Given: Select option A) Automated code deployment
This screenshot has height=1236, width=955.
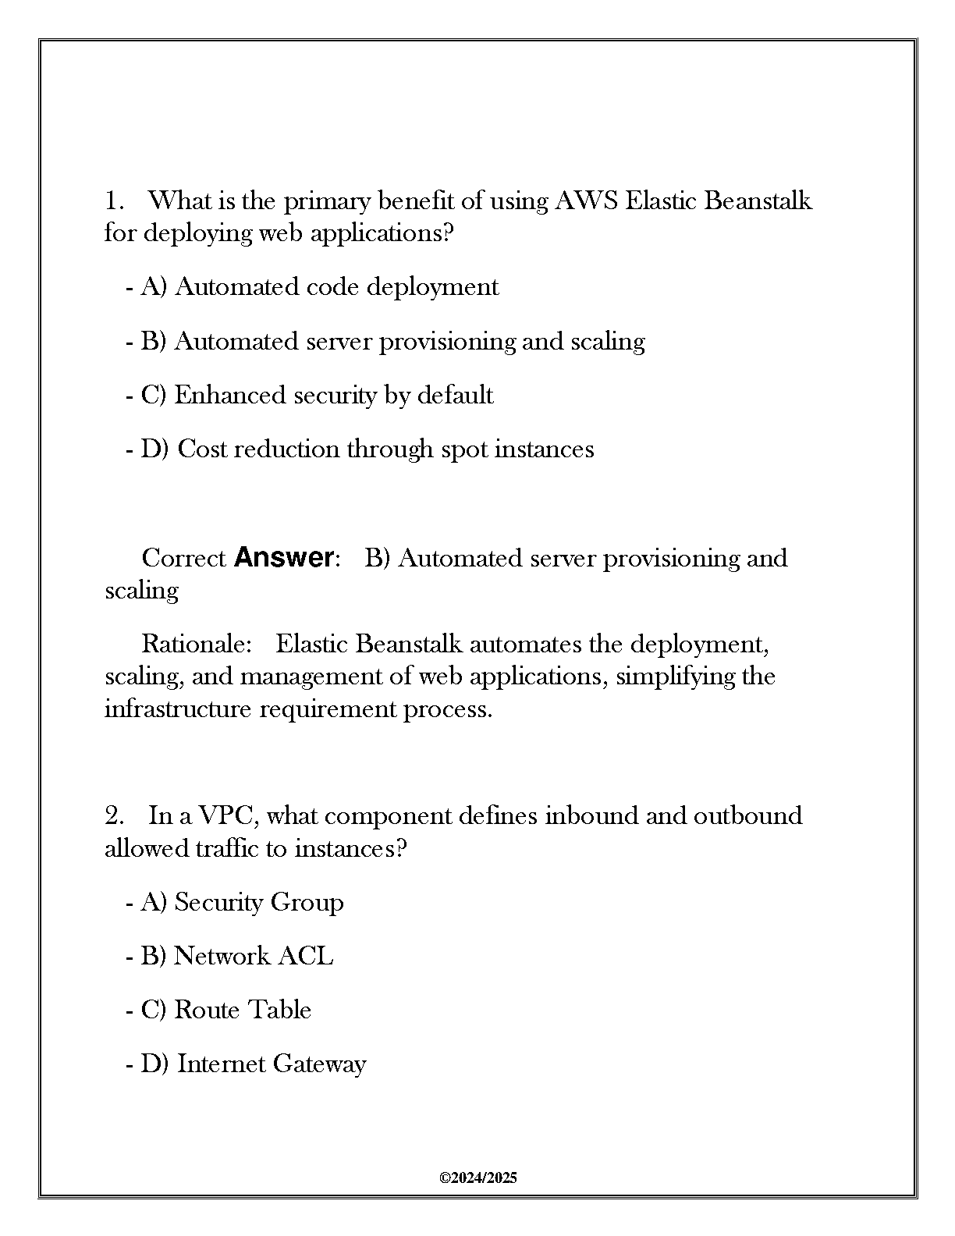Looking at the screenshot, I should [x=319, y=287].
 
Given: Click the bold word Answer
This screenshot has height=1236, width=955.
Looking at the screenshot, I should [x=284, y=558].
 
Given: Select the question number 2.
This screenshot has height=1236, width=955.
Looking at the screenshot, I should [x=115, y=816].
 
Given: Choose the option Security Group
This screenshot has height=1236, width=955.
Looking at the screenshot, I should [x=242, y=902].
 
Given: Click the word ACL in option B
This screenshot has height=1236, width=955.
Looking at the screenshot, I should [x=306, y=956].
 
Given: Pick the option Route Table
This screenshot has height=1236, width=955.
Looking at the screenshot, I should [x=225, y=1010].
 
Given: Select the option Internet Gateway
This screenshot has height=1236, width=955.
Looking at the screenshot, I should [x=253, y=1064].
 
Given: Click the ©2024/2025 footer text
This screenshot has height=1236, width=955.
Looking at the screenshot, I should [x=478, y=1178].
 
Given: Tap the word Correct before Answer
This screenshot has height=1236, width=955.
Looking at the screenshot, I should [x=184, y=558].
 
